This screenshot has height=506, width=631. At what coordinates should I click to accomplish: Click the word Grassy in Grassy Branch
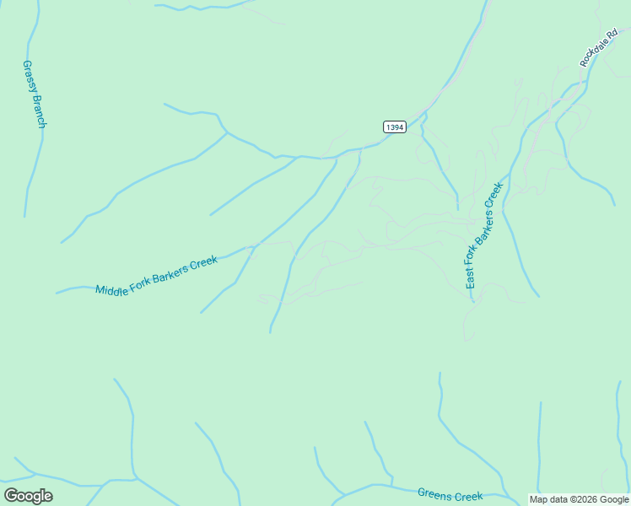pyautogui.click(x=28, y=74)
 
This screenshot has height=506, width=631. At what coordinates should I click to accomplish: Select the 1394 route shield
pyautogui.click(x=394, y=126)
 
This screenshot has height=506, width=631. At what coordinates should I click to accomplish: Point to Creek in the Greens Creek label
pyautogui.click(x=468, y=498)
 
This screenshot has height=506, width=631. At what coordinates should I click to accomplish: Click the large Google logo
pyautogui.click(x=28, y=496)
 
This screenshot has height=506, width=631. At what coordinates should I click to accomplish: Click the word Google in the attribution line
pyautogui.click(x=614, y=500)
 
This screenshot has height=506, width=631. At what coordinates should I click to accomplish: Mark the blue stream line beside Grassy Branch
pyautogui.click(x=34, y=160)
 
